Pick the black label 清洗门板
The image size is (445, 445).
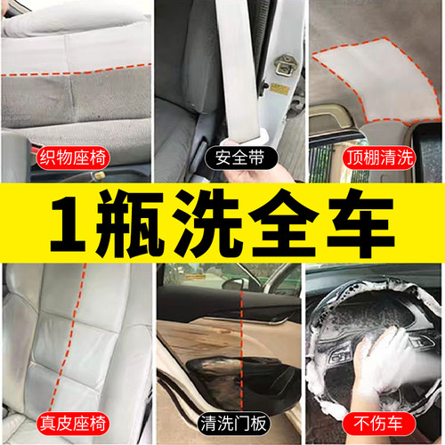coord(222,421)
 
